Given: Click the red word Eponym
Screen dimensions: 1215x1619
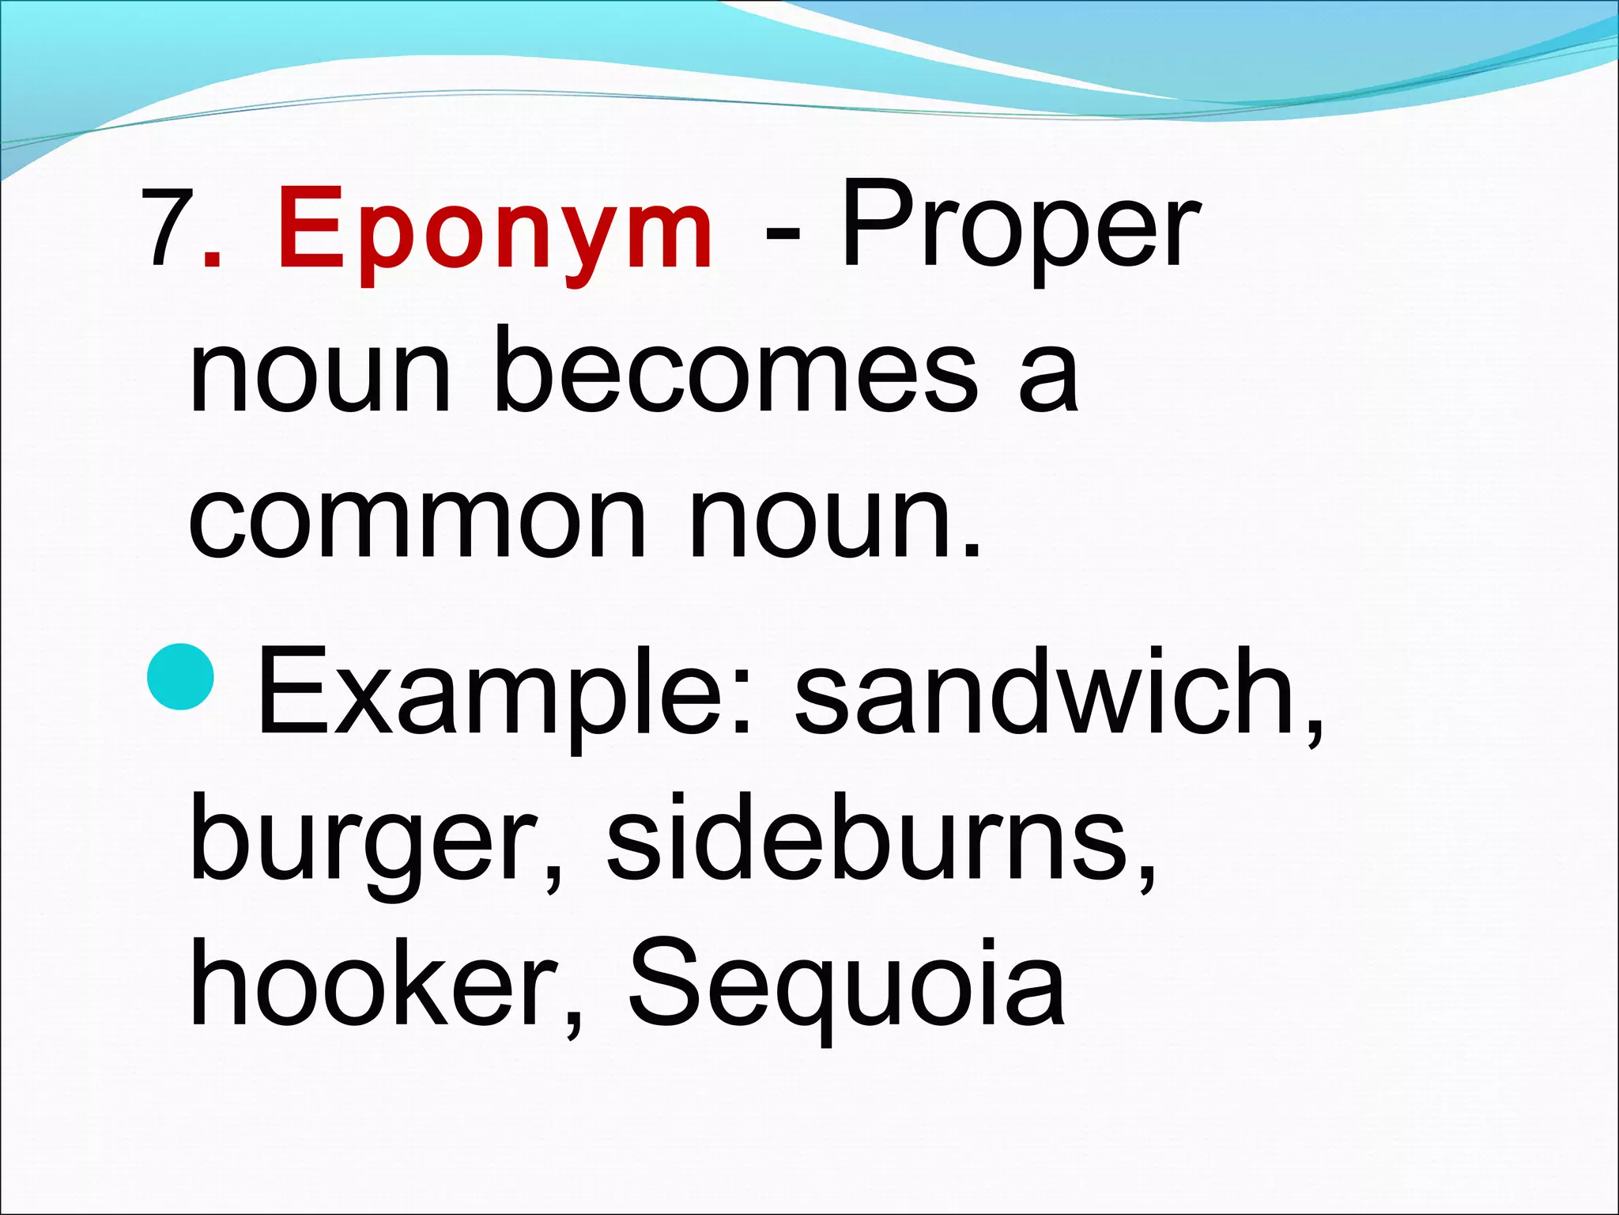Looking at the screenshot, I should [495, 229].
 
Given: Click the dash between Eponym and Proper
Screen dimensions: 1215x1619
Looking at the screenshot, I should [782, 233].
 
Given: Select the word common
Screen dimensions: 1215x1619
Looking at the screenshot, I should [417, 522].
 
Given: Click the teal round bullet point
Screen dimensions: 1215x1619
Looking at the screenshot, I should [181, 676].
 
